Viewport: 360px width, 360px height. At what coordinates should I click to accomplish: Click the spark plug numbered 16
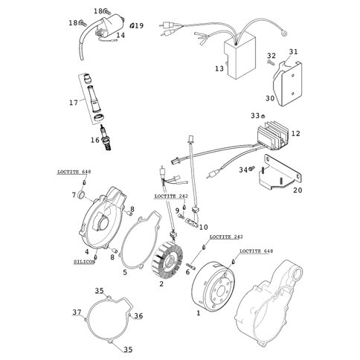(x=106, y=137)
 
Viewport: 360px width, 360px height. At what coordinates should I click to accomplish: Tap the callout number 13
(x=219, y=68)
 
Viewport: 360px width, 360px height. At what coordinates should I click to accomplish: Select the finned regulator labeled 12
(x=272, y=135)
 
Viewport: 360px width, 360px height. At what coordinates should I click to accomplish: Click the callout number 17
(x=74, y=103)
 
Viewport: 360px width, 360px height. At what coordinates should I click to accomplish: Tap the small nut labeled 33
(x=264, y=115)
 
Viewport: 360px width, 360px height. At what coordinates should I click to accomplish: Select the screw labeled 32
(x=271, y=62)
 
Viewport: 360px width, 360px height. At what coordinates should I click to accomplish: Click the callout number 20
(x=298, y=190)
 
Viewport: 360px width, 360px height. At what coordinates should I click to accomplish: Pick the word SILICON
(x=84, y=262)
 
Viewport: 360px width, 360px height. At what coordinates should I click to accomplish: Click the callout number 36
(x=138, y=315)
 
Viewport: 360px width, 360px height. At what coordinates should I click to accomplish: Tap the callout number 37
(x=77, y=312)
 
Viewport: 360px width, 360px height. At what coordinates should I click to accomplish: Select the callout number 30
(x=270, y=98)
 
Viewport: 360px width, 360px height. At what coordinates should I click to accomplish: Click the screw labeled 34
(x=252, y=169)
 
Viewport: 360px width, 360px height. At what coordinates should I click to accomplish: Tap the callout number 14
(x=120, y=36)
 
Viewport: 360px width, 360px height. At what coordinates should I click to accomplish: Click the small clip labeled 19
(x=132, y=25)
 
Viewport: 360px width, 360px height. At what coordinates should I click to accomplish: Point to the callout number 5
(x=125, y=272)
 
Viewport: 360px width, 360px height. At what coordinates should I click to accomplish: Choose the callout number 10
(x=204, y=227)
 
